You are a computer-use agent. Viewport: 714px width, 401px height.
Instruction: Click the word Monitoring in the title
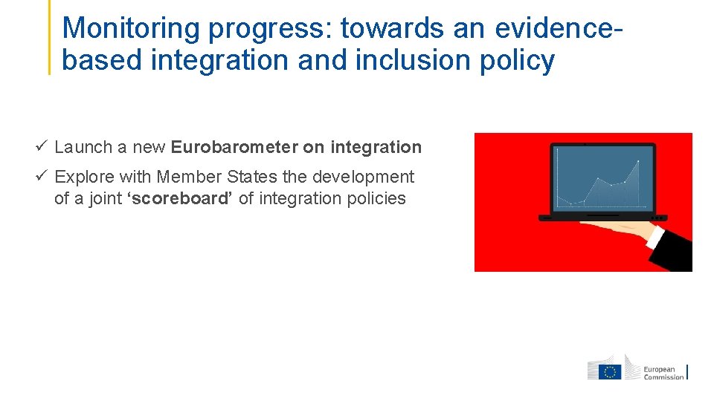pyautogui.click(x=132, y=28)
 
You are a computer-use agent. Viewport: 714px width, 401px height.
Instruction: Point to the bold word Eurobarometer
pyautogui.click(x=234, y=147)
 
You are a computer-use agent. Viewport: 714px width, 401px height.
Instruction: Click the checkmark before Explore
pyautogui.click(x=42, y=177)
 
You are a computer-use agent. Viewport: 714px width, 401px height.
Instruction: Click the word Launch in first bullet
pyautogui.click(x=83, y=147)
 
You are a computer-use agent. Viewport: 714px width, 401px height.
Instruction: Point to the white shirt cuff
pyautogui.click(x=655, y=237)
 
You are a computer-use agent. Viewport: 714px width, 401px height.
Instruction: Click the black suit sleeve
pyautogui.click(x=677, y=252)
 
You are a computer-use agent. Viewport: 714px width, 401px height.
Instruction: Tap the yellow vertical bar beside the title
pyautogui.click(x=50, y=37)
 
